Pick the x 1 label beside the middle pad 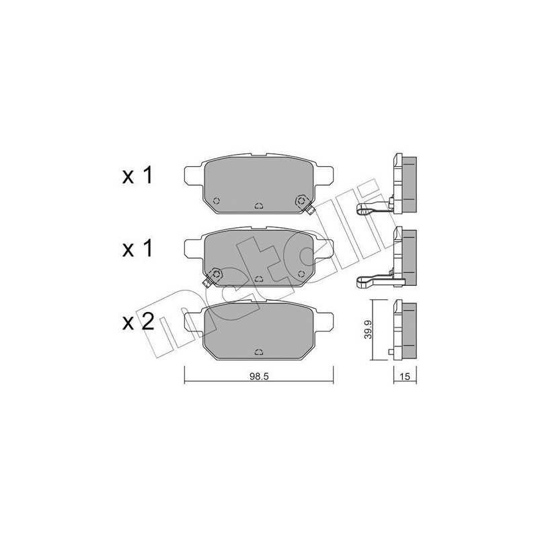138,249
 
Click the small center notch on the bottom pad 259,350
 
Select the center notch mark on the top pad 259,206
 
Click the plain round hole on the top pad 216,200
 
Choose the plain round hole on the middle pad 301,273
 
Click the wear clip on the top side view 371,208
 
